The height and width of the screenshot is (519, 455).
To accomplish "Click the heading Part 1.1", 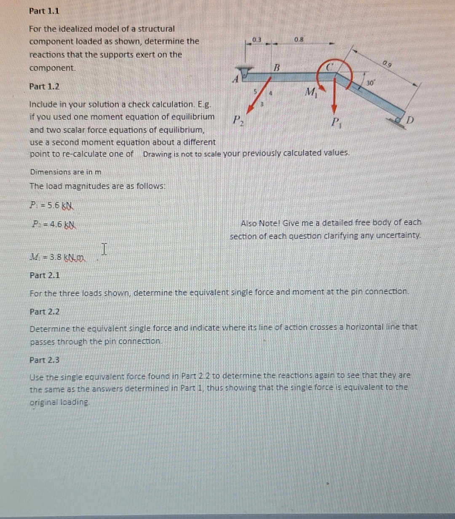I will click(x=44, y=11).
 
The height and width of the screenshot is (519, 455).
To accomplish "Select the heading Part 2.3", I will click(x=44, y=360).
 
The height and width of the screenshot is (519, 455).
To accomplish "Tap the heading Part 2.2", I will click(x=44, y=312).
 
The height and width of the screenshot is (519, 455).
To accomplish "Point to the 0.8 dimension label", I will click(x=299, y=40).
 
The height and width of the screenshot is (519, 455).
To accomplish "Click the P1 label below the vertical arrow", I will click(x=336, y=123).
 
